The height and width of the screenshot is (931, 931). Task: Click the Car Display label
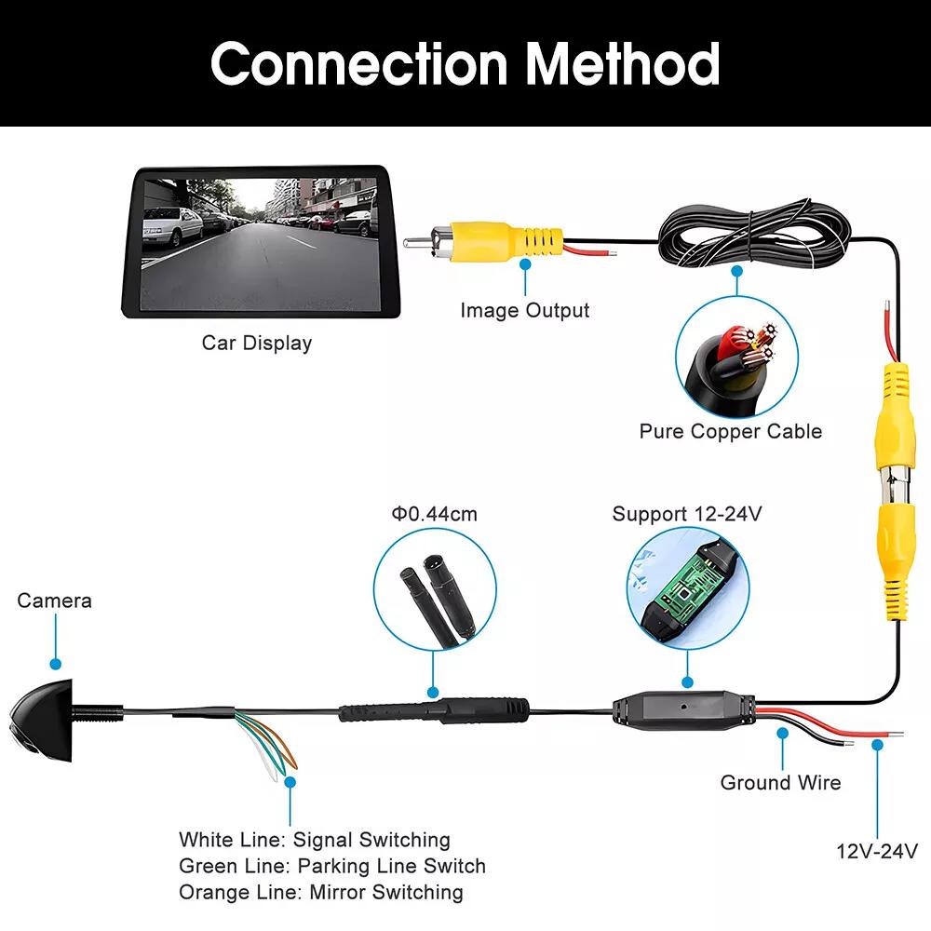click(x=257, y=343)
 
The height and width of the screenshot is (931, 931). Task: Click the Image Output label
click(x=525, y=310)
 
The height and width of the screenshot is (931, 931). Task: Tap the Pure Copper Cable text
click(x=731, y=431)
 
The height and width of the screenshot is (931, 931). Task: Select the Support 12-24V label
click(x=687, y=514)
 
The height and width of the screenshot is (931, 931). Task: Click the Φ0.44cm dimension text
click(x=433, y=514)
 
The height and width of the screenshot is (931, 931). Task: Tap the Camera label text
click(x=54, y=600)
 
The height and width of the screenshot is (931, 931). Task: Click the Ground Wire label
click(x=780, y=782)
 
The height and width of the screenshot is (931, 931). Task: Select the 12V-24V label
click(x=876, y=850)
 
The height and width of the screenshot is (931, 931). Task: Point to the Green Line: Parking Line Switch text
click(x=332, y=866)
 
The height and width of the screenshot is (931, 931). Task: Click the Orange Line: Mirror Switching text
click(x=321, y=892)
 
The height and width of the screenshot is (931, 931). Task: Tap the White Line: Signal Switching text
click(x=315, y=840)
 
